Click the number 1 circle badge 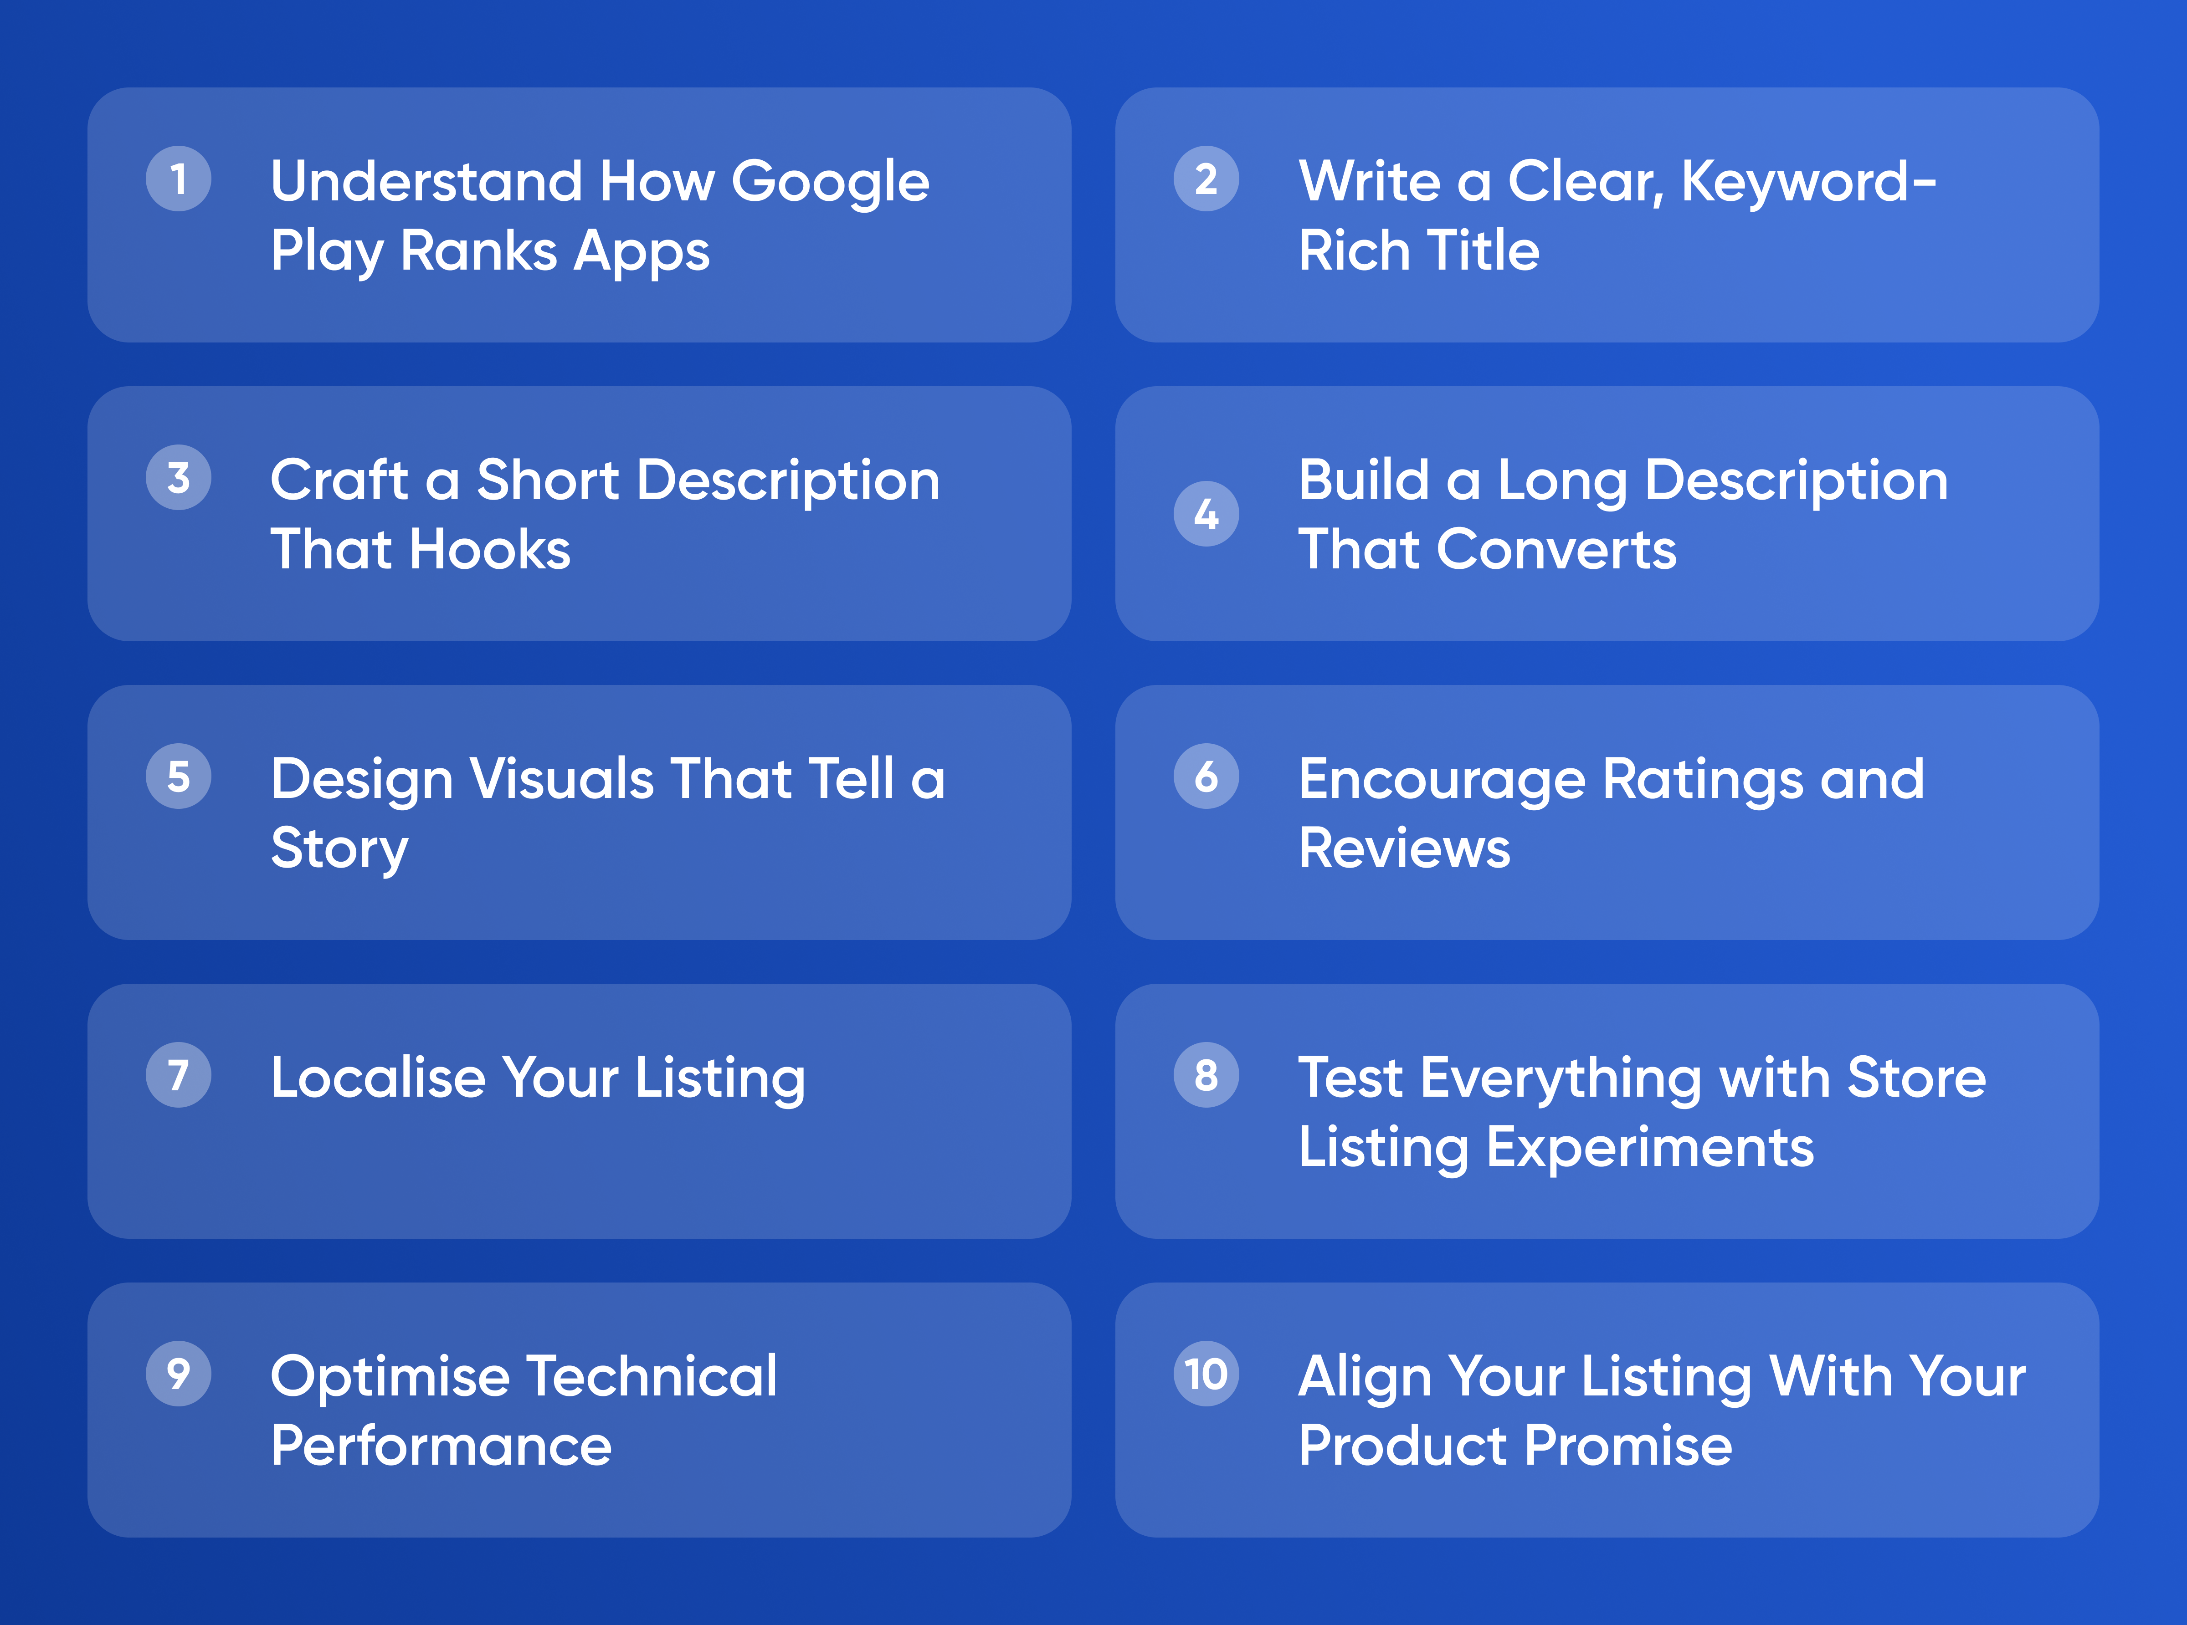pyautogui.click(x=178, y=179)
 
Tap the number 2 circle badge pyautogui.click(x=1206, y=179)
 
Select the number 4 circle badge pyautogui.click(x=1206, y=513)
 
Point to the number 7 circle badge pyautogui.click(x=178, y=1075)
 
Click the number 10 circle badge pyautogui.click(x=1206, y=1374)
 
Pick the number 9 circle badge pyautogui.click(x=178, y=1374)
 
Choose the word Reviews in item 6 pyautogui.click(x=1404, y=848)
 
